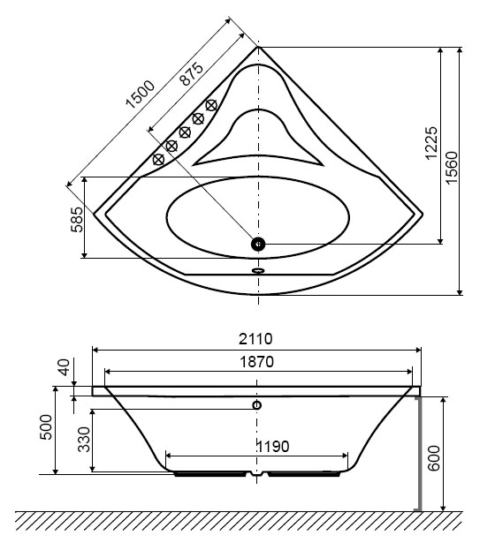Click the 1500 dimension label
point(141,94)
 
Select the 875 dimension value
point(192,73)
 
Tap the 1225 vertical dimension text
point(431,143)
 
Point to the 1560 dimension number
point(452,168)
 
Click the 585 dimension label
point(77,220)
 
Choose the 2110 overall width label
point(255,339)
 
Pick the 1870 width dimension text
point(256,362)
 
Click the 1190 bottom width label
point(272,446)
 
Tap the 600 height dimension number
point(434,458)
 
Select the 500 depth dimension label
point(46,427)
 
